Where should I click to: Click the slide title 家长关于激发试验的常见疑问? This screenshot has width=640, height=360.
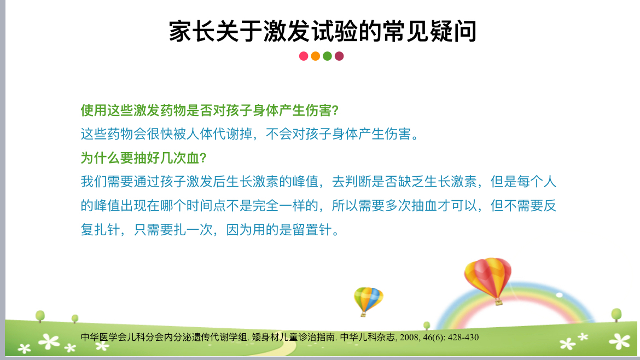coord(322,31)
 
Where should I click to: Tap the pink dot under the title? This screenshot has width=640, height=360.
coord(304,56)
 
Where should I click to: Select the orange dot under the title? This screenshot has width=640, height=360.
coord(316,56)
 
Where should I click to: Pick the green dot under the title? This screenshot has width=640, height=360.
coord(327,56)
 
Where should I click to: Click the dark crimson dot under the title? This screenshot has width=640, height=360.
coord(339,56)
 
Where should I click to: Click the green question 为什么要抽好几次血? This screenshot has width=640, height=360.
coord(144,158)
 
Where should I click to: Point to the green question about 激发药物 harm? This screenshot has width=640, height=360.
coord(210,110)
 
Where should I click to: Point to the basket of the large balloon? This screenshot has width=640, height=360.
coord(498,303)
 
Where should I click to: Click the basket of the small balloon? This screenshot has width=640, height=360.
coord(363,314)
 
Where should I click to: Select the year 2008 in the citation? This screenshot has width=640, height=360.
coord(409,338)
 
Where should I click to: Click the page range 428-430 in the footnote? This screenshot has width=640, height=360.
coord(463,338)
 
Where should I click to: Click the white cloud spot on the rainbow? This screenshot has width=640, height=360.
coord(559,295)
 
